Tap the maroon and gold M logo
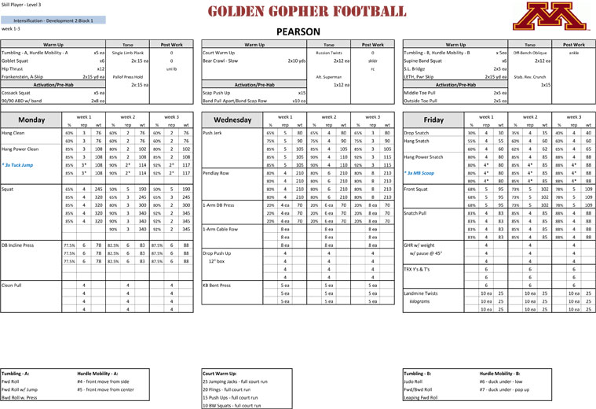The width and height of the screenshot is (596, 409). click(560, 16)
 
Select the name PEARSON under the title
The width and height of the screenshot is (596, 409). click(298, 32)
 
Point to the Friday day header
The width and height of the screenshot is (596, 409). click(433, 120)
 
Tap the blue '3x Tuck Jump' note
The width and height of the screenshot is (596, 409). click(17, 166)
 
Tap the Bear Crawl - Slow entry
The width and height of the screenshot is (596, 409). click(221, 61)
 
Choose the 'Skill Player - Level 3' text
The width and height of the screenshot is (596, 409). click(21, 4)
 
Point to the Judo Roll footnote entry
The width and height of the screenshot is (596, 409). click(412, 381)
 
